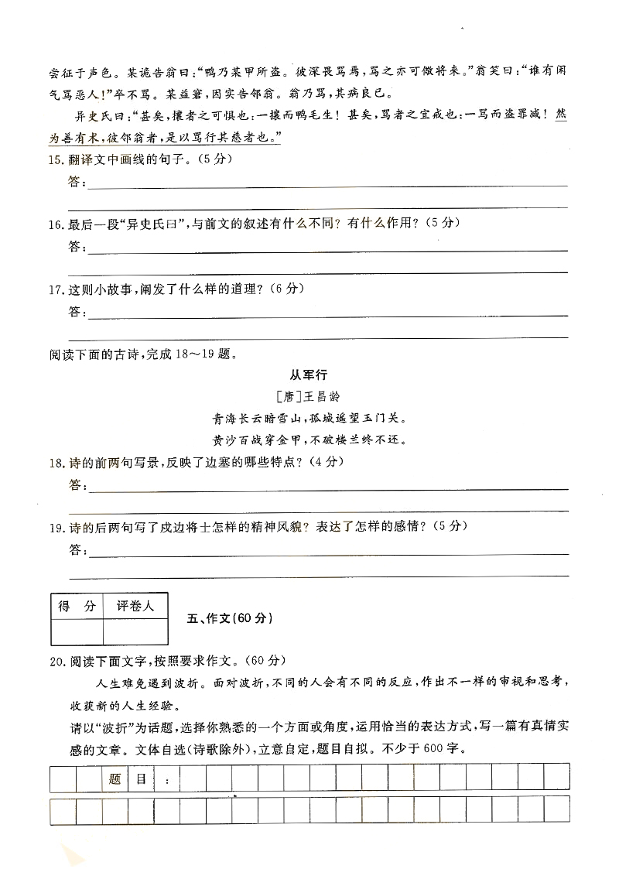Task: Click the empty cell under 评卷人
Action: pos(135,631)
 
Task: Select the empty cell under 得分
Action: pos(77,631)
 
